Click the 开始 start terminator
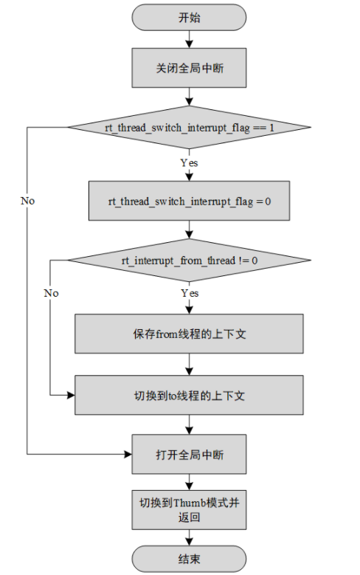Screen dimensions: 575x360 pyautogui.click(x=190, y=18)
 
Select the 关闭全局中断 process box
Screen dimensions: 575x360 pyautogui.click(x=190, y=68)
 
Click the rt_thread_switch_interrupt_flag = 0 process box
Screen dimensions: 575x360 pyautogui.click(x=190, y=200)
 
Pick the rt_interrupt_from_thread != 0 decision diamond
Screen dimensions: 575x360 pyautogui.click(x=190, y=260)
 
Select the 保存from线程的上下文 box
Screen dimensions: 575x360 pyautogui.click(x=190, y=333)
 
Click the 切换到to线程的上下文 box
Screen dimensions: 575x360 pyautogui.click(x=190, y=395)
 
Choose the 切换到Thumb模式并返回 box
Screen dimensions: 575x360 pyautogui.click(x=190, y=509)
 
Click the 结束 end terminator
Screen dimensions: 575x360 pyautogui.click(x=190, y=559)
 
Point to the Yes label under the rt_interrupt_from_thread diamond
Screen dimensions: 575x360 pyautogui.click(x=189, y=293)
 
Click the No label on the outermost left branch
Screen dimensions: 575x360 pyautogui.click(x=27, y=201)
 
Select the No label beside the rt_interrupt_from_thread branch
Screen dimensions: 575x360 pyautogui.click(x=50, y=293)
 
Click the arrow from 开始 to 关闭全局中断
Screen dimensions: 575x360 pyautogui.click(x=190, y=40)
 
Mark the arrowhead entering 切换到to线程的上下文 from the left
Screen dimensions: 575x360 pyautogui.click(x=72, y=395)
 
